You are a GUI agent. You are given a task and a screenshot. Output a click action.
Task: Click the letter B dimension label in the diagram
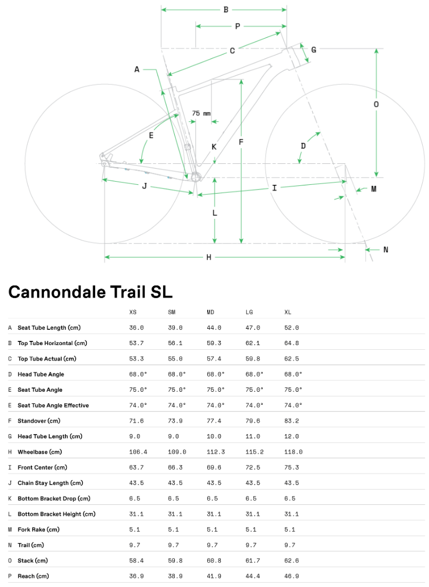point(226,9)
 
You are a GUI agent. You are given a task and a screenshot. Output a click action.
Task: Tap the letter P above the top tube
point(238,26)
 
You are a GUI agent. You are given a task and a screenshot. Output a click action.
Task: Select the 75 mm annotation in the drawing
point(201,113)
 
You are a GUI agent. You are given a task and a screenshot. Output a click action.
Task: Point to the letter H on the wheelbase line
point(209,257)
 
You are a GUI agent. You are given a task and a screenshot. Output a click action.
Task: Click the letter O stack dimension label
point(376,104)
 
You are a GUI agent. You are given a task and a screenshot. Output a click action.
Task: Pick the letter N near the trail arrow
point(386,250)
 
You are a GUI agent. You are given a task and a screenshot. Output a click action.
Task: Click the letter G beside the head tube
point(313,50)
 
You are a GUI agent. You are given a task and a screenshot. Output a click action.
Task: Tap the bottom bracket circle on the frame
point(196,177)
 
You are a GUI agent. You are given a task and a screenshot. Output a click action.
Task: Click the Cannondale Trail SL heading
point(90,292)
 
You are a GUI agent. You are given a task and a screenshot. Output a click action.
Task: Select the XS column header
point(133,312)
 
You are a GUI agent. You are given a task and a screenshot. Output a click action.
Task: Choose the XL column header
point(288,312)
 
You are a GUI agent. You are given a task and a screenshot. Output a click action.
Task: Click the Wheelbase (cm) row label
point(39,451)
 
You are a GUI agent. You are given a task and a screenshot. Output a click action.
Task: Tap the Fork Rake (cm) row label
point(39,529)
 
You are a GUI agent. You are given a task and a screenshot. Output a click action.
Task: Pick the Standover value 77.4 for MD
point(214,420)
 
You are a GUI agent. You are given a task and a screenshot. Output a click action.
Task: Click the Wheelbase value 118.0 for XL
point(293,451)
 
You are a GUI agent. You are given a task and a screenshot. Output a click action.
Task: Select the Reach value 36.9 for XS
point(136,576)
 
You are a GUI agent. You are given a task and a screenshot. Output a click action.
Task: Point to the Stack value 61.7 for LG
point(253,560)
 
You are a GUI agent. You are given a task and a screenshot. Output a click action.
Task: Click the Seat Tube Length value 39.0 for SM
point(175,327)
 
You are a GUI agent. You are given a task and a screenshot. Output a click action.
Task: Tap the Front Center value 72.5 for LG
point(253,467)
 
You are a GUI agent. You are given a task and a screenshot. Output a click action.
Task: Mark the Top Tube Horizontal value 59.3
point(214,343)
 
